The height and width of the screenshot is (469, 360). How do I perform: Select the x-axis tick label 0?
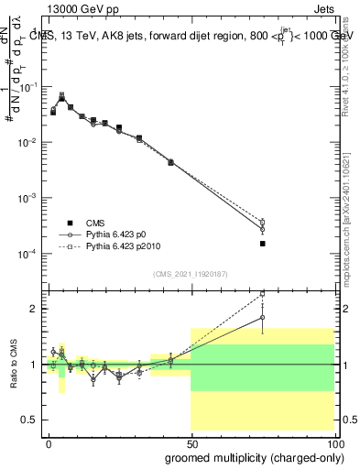49,442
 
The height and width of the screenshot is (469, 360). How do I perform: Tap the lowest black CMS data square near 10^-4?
262,244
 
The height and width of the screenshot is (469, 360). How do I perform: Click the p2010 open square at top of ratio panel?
262,294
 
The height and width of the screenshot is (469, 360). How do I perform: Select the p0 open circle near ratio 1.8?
262,318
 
